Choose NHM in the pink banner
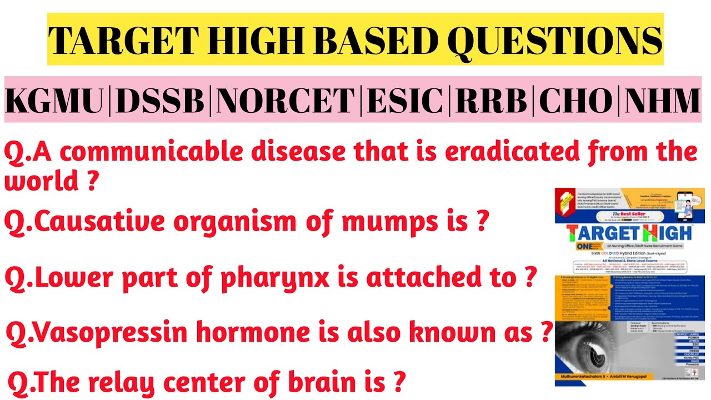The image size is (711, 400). click(x=663, y=101)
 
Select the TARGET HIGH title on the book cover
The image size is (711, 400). click(x=628, y=232)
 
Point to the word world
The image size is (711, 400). click(x=39, y=181)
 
